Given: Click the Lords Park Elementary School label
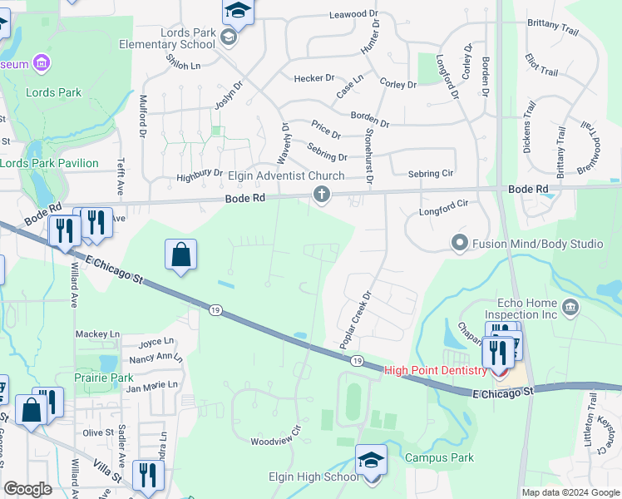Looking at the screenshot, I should tap(167, 38).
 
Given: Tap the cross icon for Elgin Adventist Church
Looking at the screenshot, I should tap(321, 195).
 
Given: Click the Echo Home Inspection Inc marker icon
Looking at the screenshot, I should tap(570, 309).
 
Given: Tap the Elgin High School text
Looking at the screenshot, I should tap(314, 477).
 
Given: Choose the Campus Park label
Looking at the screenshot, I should tap(439, 457).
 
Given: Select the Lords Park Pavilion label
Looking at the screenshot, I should tap(49, 163).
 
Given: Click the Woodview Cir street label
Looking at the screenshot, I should tap(275, 441).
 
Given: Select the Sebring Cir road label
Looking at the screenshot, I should tap(430, 174).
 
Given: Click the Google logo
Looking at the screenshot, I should tap(27, 489).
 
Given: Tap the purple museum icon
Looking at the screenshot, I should tap(40, 63).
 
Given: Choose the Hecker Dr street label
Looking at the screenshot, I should tap(313, 78).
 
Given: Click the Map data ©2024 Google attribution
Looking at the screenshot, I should tap(571, 492).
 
